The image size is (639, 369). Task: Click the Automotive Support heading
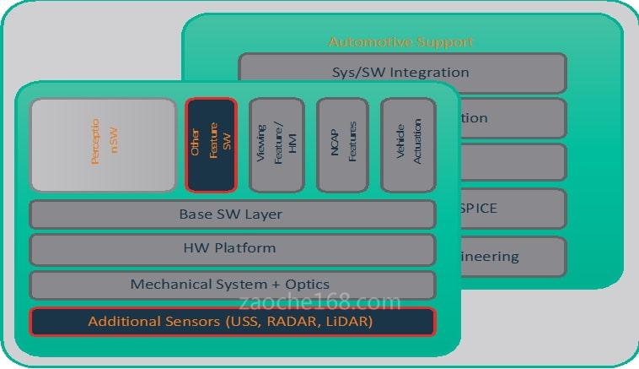coord(400,41)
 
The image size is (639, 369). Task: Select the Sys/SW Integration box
coord(402,73)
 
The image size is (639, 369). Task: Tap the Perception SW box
coord(103,144)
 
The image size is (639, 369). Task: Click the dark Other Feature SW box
coord(211,144)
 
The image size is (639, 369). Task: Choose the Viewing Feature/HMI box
coord(276,144)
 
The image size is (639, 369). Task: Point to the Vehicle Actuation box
coord(407,144)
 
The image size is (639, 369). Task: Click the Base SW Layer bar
coord(232,214)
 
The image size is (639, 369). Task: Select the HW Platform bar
coord(232,249)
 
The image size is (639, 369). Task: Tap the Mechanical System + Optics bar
coord(232,285)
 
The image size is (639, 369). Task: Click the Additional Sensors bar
coord(232,322)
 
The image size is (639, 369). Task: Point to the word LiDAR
coord(346,322)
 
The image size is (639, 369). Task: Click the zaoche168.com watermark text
coord(320,301)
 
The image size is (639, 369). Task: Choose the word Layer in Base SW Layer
coord(264,214)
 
